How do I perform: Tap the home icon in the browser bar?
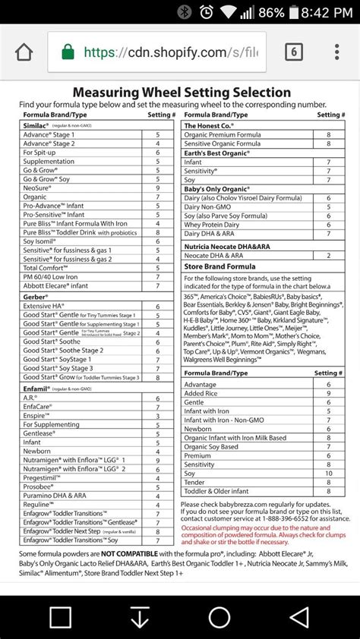24,52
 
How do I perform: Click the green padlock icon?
68,52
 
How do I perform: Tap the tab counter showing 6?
293,52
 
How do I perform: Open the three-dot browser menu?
337,52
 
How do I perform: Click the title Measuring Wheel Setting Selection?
181,93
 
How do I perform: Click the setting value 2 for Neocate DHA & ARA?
328,256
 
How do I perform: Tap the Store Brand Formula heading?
219,266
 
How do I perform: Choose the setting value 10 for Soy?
328,474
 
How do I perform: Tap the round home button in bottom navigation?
219,616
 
